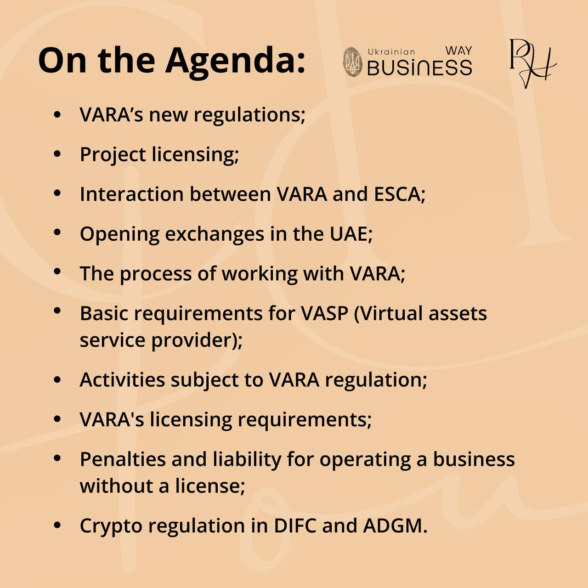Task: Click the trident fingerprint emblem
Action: click(x=353, y=62)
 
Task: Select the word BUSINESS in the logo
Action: click(x=420, y=67)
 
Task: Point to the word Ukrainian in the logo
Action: click(x=391, y=52)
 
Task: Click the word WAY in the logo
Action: click(x=458, y=51)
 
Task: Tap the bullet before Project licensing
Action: click(x=57, y=154)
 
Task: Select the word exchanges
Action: click(x=215, y=235)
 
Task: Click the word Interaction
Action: click(x=132, y=194)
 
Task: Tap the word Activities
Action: click(x=122, y=380)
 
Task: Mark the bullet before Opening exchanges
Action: click(x=57, y=233)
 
